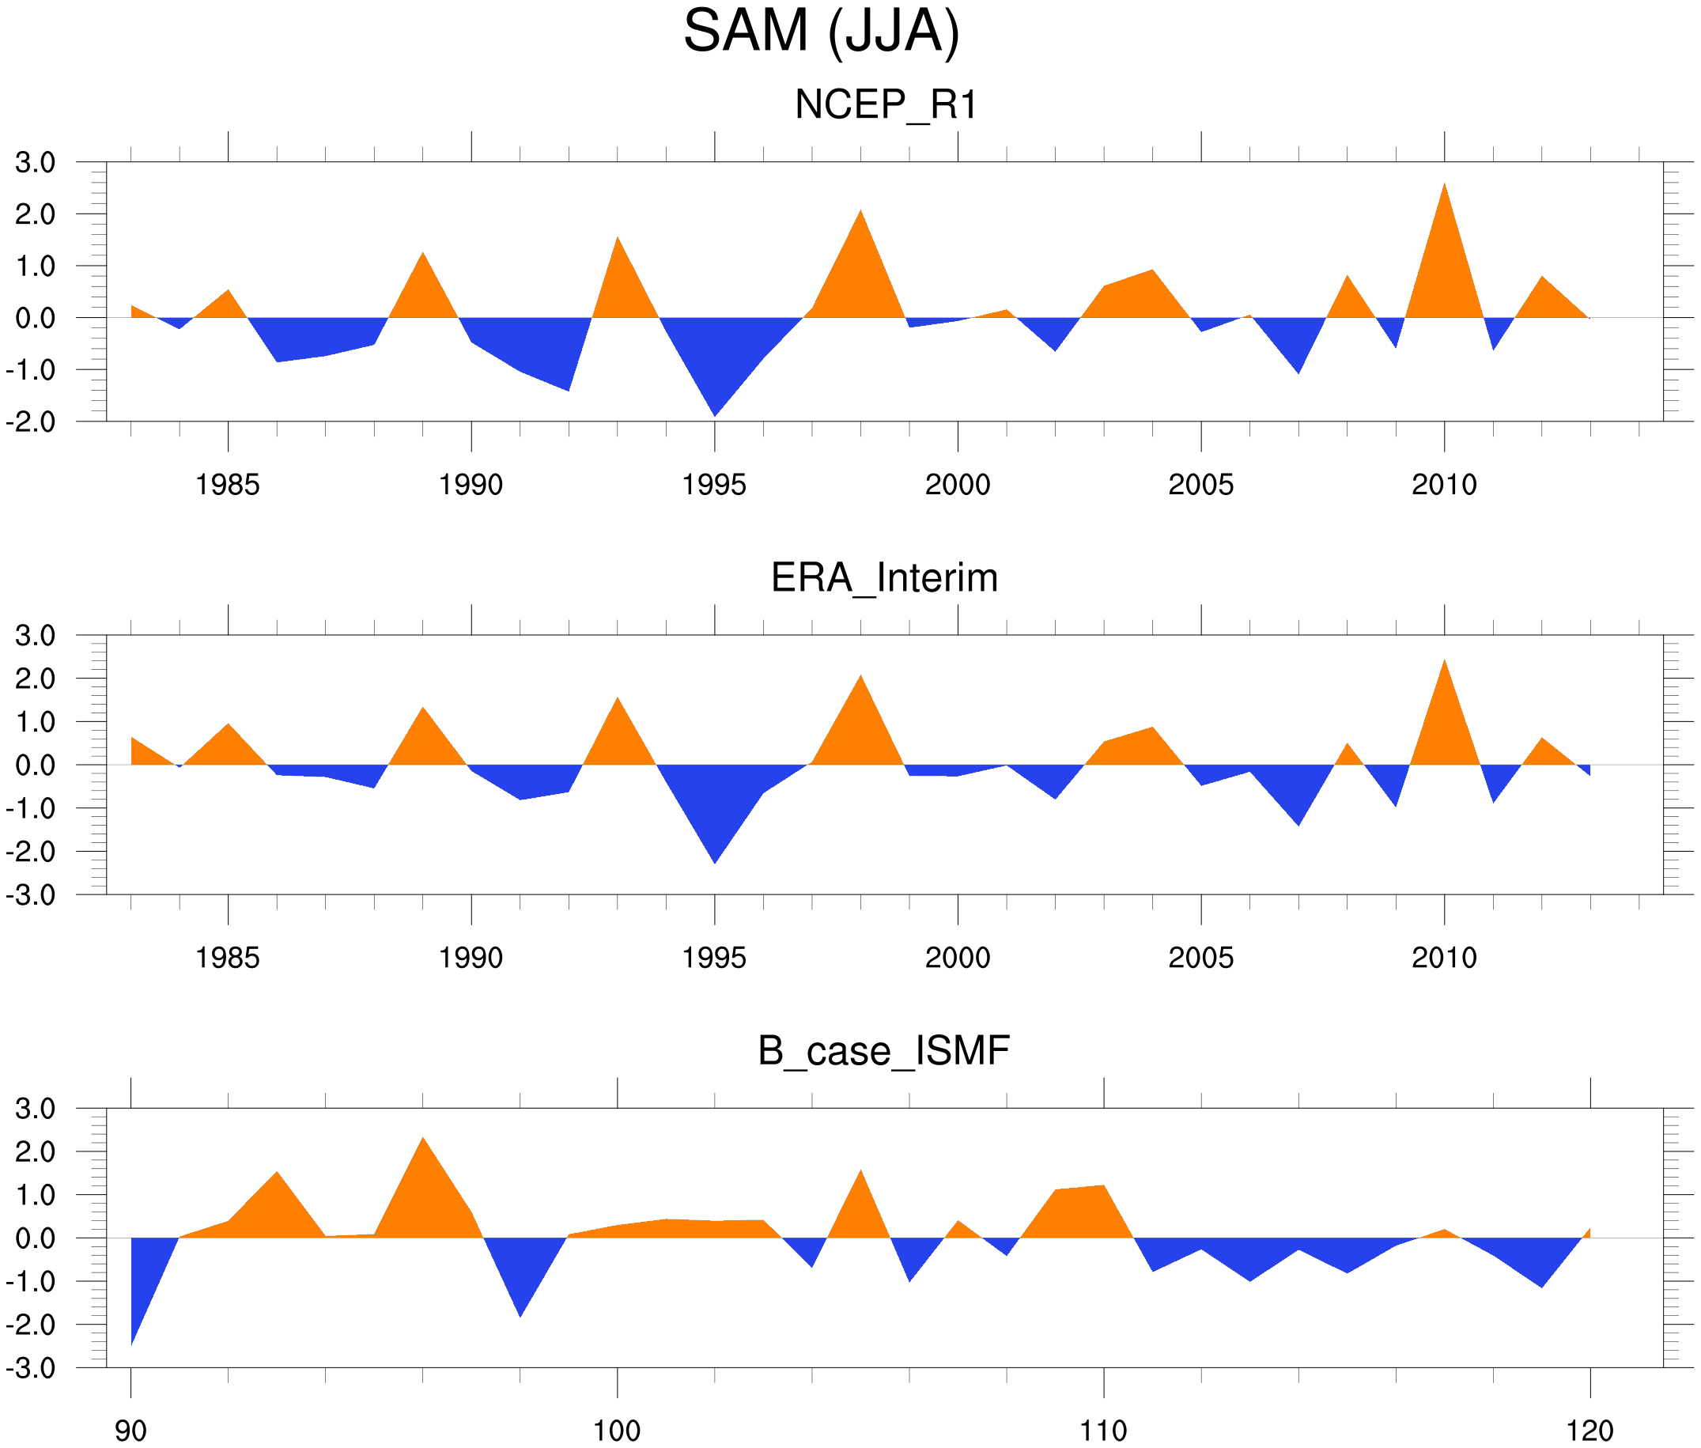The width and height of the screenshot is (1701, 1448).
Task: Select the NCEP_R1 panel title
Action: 886,105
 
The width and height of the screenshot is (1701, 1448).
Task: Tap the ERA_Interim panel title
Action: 884,578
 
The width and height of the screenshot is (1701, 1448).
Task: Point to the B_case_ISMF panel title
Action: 883,1052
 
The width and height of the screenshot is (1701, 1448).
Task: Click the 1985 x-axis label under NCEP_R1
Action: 228,485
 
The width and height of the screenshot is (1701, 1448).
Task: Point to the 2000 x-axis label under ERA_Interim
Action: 957,958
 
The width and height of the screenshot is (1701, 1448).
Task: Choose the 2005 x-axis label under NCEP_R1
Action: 1200,485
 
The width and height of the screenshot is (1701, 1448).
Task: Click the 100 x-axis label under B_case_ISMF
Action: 617,1431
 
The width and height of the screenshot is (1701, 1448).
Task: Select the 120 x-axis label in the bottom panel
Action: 1589,1431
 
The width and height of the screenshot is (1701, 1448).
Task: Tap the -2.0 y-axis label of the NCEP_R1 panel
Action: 31,422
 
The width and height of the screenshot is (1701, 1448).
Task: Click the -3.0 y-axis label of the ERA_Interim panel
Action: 31,894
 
